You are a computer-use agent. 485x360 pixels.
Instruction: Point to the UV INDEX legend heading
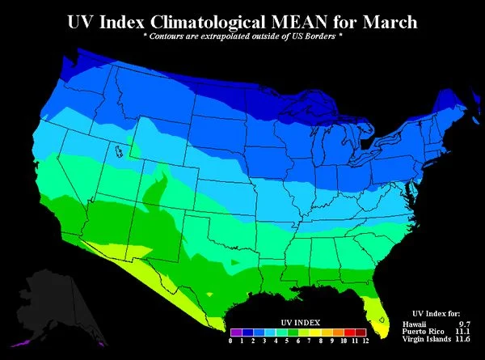(x=299, y=320)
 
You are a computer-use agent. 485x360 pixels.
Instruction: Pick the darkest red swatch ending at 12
(x=361, y=332)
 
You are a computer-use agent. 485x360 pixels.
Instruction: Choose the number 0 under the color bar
(x=231, y=341)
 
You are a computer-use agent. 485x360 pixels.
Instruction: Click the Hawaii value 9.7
(x=464, y=324)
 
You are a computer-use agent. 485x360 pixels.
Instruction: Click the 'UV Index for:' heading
(x=436, y=313)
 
